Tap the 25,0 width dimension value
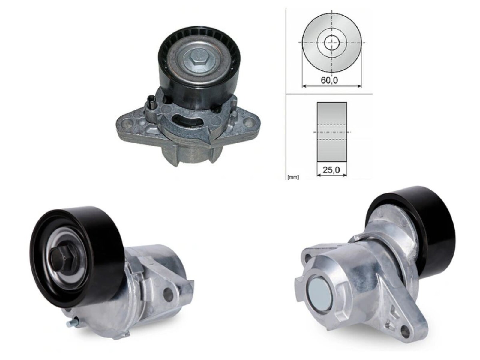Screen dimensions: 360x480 point(331,170)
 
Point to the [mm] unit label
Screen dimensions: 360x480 point(293,177)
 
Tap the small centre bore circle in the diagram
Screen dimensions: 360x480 point(332,43)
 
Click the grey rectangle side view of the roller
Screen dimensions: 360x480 point(332,132)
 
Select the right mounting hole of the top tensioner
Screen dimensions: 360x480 point(248,122)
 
